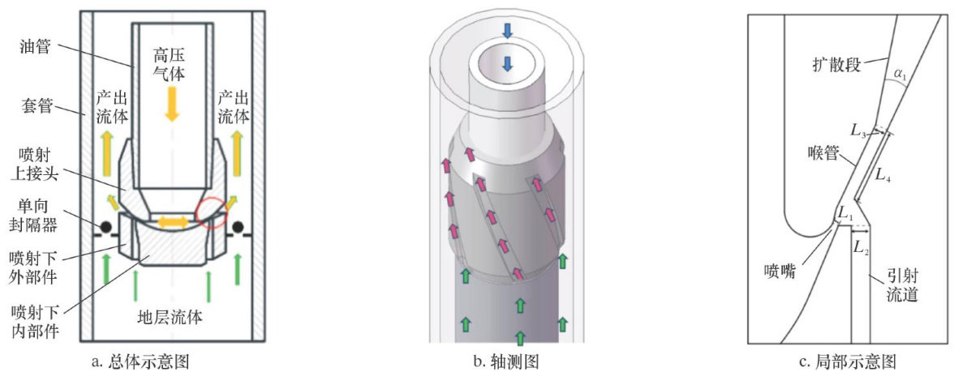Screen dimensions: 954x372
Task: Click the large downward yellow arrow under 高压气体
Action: (x=171, y=103)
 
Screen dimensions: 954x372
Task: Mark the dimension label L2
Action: (x=861, y=249)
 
